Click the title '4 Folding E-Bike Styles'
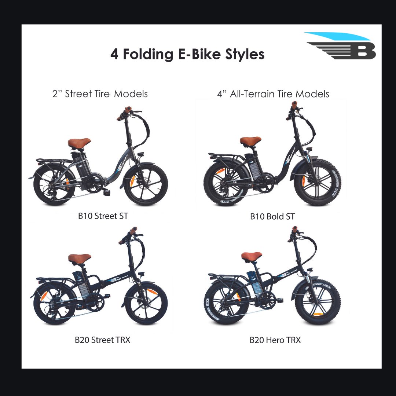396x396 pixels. [x=187, y=54]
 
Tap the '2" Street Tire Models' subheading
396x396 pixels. [x=100, y=94]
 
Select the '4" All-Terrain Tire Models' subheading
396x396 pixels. [x=273, y=94]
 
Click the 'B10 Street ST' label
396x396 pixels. [x=103, y=216]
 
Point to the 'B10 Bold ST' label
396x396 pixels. [x=272, y=217]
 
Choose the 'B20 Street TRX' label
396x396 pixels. [x=102, y=340]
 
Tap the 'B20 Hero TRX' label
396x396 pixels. [x=275, y=340]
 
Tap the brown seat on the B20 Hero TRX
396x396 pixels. [x=252, y=256]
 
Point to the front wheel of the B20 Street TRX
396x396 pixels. [x=146, y=303]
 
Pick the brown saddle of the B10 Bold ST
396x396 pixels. [x=250, y=141]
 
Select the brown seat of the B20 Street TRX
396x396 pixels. [x=79, y=258]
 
